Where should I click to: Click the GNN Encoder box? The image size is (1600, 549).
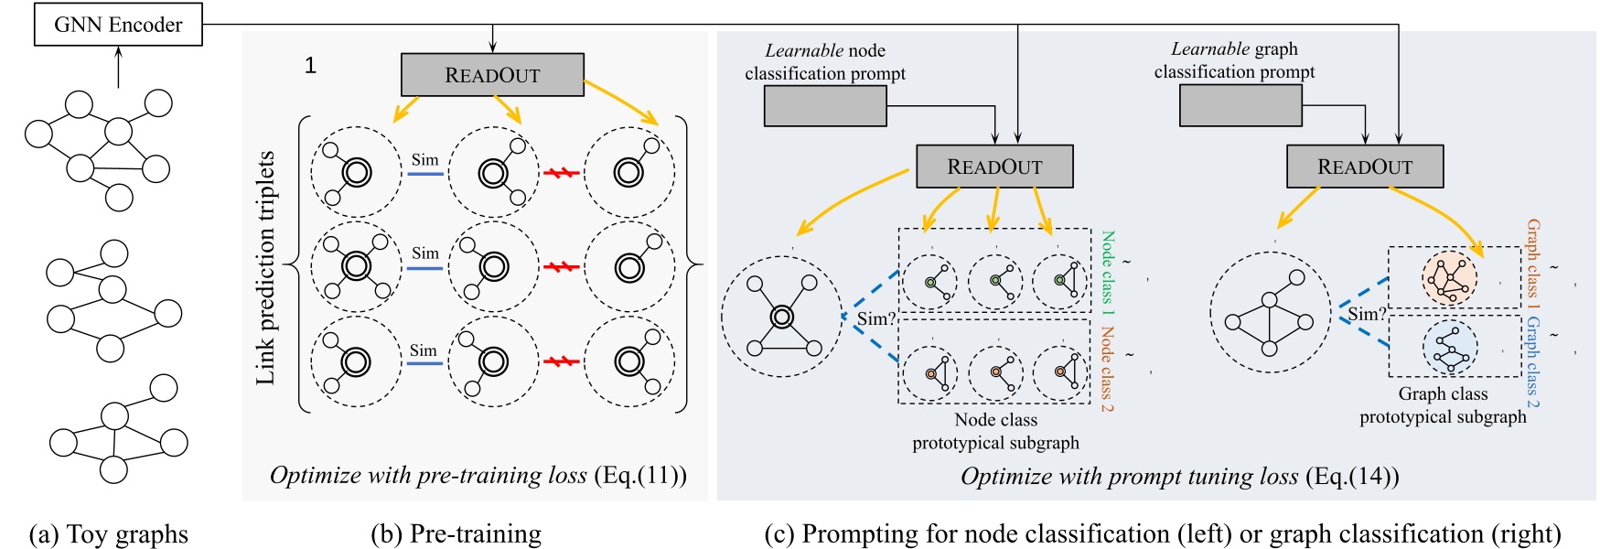pos(118,24)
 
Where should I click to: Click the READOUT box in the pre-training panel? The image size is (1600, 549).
pos(492,74)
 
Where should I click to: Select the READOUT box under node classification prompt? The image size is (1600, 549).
pos(994,167)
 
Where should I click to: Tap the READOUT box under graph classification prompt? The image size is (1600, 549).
pos(1364,167)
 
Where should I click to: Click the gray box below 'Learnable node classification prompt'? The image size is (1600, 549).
pos(825,106)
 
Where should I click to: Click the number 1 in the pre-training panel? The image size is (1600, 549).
pos(310,65)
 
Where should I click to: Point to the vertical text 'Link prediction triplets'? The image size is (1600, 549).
pos(265,267)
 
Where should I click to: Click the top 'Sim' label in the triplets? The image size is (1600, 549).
pos(424,160)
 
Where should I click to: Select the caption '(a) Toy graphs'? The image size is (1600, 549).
pos(109,533)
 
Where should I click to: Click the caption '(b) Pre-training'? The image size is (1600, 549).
pos(456,533)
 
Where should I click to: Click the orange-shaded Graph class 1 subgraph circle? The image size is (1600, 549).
pos(1450,278)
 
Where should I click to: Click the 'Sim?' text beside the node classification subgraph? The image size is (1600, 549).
pos(875,319)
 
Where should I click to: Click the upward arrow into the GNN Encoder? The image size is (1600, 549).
pos(118,68)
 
